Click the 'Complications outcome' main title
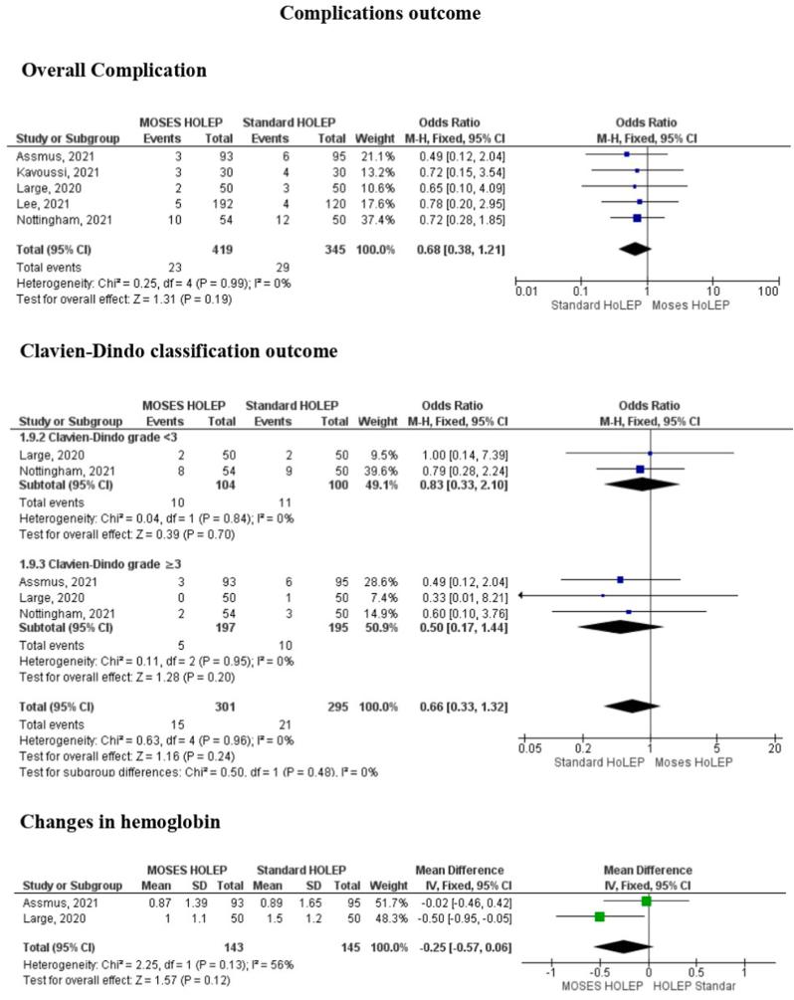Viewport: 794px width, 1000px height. (x=396, y=14)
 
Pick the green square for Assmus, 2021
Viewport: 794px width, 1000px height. (x=646, y=900)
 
